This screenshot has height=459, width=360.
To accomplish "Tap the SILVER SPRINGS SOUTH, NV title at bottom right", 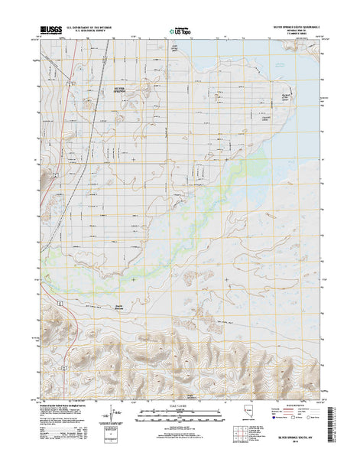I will pyautogui.click(x=294, y=441).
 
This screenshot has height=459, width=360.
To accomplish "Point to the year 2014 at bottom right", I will pyautogui.click(x=294, y=448).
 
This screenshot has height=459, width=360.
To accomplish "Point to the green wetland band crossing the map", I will pyautogui.click(x=229, y=191).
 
